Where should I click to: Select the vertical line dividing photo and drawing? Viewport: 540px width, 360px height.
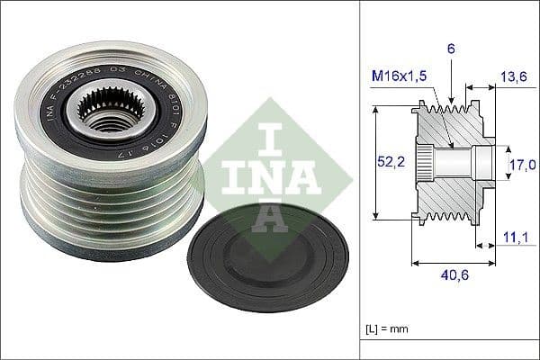[x=360, y=180]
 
